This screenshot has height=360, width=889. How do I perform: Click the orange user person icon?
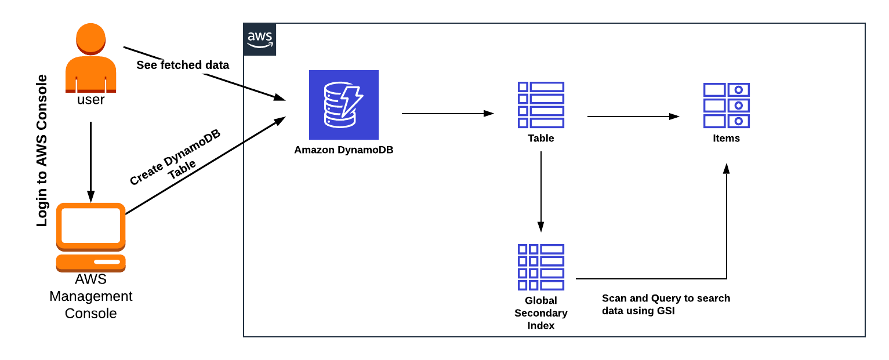click(x=90, y=58)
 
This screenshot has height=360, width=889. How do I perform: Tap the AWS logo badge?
click(x=260, y=39)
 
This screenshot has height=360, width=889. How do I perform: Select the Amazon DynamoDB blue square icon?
click(x=343, y=105)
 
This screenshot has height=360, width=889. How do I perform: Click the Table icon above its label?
click(x=540, y=105)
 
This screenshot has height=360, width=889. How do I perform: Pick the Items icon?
click(x=726, y=106)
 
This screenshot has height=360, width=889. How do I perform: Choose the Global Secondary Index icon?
click(x=540, y=267)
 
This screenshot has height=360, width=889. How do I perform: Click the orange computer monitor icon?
click(x=90, y=237)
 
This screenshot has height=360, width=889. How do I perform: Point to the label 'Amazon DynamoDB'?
click(x=343, y=150)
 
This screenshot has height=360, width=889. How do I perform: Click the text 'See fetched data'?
click(x=183, y=65)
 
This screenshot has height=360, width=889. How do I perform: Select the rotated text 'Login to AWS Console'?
click(x=42, y=151)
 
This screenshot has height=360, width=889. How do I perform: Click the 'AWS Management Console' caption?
click(x=90, y=296)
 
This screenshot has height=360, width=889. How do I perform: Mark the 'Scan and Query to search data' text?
click(x=666, y=305)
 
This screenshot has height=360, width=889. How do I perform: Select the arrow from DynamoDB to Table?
click(x=447, y=114)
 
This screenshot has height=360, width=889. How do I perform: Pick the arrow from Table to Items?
click(x=633, y=117)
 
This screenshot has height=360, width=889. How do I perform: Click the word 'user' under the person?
click(x=90, y=100)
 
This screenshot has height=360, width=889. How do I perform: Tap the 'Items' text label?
click(x=726, y=139)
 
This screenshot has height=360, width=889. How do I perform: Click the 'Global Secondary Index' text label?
click(x=540, y=313)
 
